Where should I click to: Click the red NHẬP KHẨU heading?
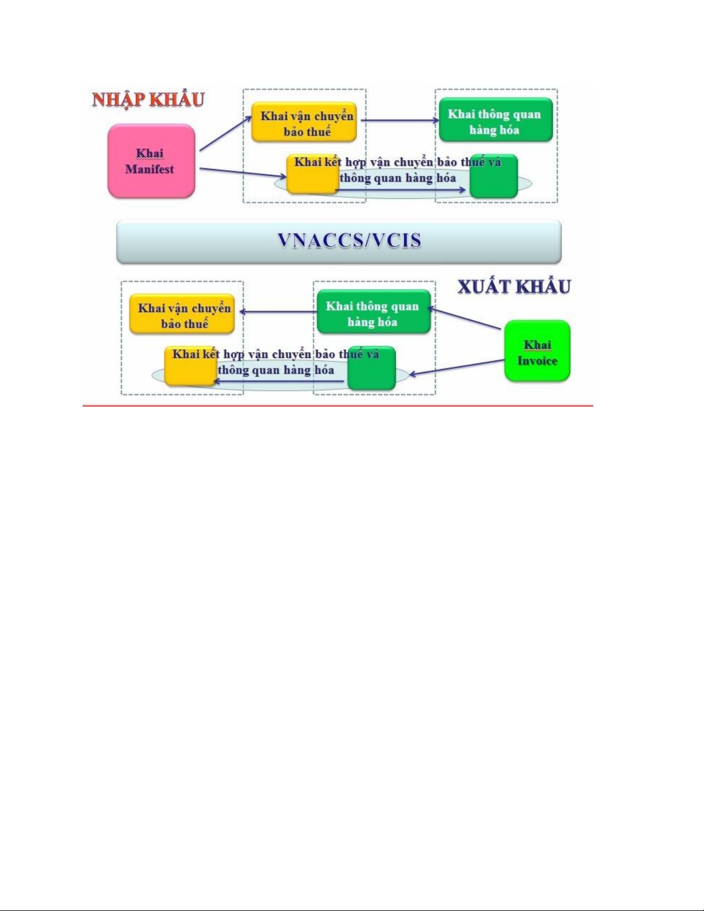(x=148, y=100)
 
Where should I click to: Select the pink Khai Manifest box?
(x=151, y=161)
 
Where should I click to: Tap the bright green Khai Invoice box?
(x=537, y=351)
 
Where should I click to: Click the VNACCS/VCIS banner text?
(x=349, y=241)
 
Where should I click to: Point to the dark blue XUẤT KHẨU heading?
(x=514, y=287)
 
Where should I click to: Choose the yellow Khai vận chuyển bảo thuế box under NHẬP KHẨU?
(x=304, y=122)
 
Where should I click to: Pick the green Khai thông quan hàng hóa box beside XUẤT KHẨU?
(x=374, y=312)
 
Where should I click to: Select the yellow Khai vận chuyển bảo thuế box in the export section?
(x=182, y=314)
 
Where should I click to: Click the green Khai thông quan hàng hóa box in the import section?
(x=496, y=120)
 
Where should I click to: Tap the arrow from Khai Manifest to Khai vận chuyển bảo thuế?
(x=225, y=133)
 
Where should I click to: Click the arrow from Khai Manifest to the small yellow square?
(x=243, y=172)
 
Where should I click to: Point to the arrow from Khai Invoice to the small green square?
(x=456, y=367)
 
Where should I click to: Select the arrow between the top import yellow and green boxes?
(x=400, y=120)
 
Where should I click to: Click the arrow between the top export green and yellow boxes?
(x=278, y=312)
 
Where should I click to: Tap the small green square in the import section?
(x=494, y=176)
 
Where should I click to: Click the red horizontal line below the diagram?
(x=338, y=406)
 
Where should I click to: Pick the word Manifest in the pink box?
(x=149, y=170)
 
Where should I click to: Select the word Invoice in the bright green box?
(x=537, y=361)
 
